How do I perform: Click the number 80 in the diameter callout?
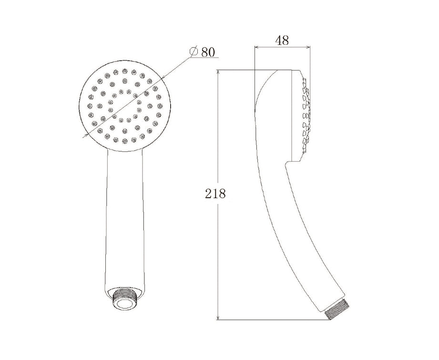[208, 51]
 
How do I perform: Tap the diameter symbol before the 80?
[194, 51]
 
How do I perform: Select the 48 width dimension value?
[282, 40]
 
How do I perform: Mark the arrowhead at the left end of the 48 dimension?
[258, 47]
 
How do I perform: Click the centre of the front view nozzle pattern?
[125, 105]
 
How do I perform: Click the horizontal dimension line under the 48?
[282, 47]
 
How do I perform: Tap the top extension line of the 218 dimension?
[238, 70]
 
